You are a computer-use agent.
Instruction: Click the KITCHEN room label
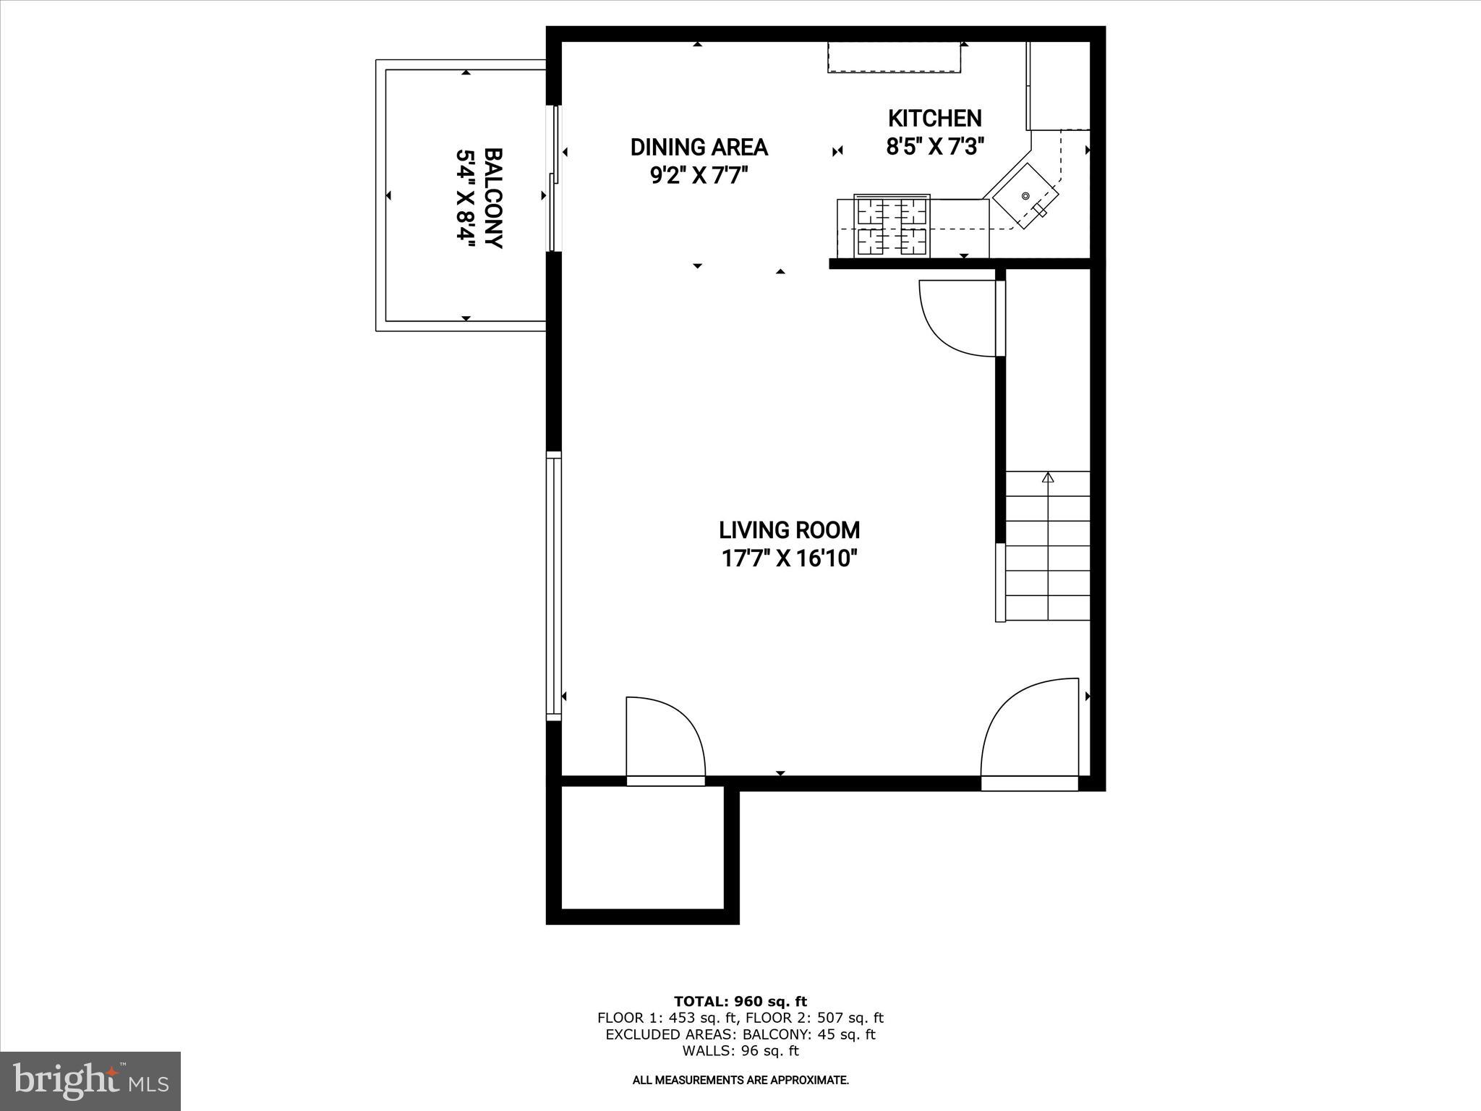pyautogui.click(x=934, y=119)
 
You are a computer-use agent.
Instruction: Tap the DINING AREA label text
pyautogui.click(x=699, y=148)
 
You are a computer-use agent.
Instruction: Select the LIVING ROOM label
pyautogui.click(x=789, y=530)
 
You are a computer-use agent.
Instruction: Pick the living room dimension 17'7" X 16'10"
pyautogui.click(x=789, y=558)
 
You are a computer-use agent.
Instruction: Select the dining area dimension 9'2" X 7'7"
pyautogui.click(x=699, y=176)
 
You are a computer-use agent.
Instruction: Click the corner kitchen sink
pyautogui.click(x=1025, y=195)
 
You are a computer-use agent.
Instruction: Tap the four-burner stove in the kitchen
pyautogui.click(x=892, y=226)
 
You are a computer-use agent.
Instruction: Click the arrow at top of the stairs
pyautogui.click(x=1047, y=478)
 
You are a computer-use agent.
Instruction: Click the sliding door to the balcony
pyautogui.click(x=555, y=179)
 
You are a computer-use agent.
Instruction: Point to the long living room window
pyautogui.click(x=554, y=586)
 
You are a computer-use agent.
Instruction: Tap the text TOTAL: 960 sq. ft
pyautogui.click(x=740, y=1002)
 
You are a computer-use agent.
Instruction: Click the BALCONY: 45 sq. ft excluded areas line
pyautogui.click(x=740, y=1034)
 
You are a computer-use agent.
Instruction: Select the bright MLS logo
pyautogui.click(x=90, y=1081)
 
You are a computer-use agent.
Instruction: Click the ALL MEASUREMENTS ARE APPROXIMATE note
pyautogui.click(x=740, y=1081)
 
